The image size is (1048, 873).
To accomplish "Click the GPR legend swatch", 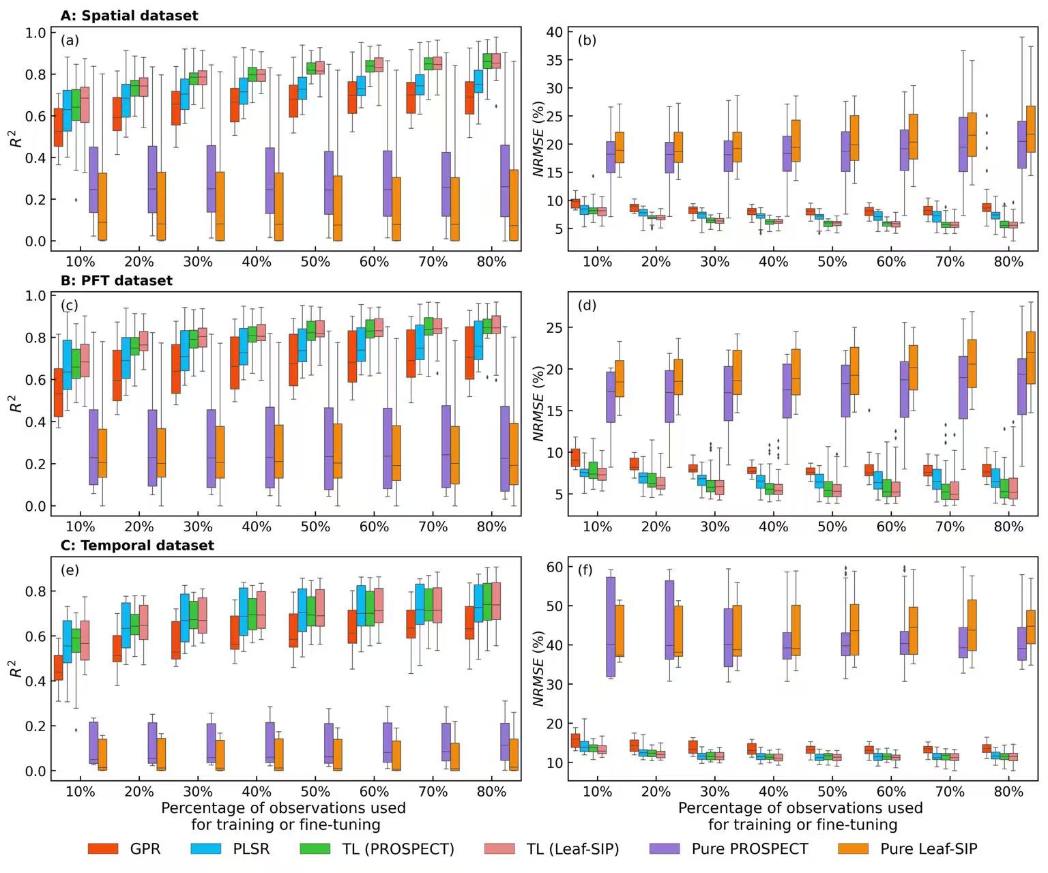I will point(103,848).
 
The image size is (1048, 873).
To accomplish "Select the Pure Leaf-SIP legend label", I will point(929,848).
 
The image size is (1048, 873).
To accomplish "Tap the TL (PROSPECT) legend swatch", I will point(315,848).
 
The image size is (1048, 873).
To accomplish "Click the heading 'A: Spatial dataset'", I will point(129,16).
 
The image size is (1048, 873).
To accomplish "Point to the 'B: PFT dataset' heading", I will point(117,280).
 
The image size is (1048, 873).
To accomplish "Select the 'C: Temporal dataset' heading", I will point(137,546).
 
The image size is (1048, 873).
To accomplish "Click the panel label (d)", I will point(587,305).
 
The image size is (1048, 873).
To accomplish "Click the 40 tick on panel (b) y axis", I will point(555,32).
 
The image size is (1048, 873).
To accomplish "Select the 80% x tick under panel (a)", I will point(491,262).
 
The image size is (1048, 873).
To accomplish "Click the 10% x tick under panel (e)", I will point(81,792).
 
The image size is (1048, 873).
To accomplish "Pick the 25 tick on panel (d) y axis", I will point(555,327).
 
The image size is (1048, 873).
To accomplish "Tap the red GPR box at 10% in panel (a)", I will point(59,128).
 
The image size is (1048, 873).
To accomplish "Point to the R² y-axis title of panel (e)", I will point(16,668).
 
